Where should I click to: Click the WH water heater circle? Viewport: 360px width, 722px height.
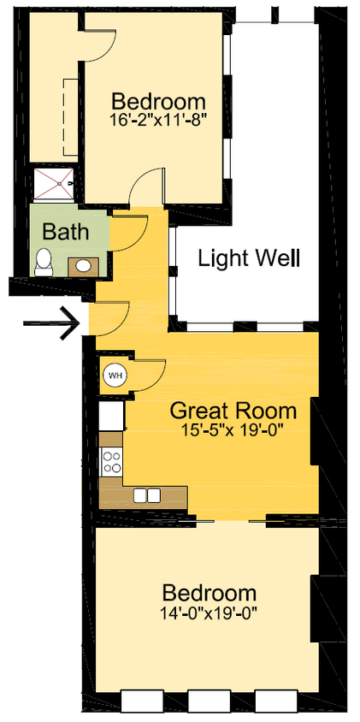114,374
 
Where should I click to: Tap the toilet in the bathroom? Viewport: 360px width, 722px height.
44,262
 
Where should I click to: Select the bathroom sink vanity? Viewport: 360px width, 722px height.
83,266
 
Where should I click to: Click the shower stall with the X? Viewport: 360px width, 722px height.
54,181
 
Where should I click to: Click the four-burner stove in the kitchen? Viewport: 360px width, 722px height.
111,463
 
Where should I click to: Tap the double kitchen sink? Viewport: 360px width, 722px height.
146,494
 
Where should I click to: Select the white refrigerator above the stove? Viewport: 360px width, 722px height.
111,417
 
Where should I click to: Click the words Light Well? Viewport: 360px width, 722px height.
249,257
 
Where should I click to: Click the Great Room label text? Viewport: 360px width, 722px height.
233,409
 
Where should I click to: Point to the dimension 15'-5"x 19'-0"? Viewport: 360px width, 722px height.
233,429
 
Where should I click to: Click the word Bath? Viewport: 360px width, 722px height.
65,231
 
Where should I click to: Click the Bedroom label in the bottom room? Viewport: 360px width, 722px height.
210,593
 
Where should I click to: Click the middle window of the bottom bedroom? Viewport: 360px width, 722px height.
210,701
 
